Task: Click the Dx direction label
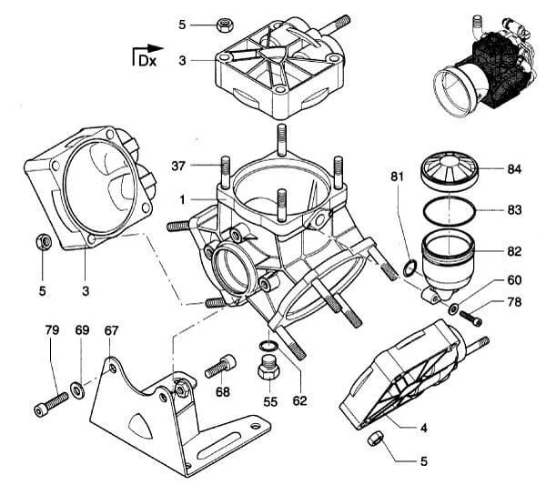[147, 61]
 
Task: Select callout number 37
[178, 167]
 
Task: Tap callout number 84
[514, 169]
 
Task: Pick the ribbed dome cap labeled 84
[450, 170]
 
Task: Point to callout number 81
[397, 177]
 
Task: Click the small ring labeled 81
[409, 268]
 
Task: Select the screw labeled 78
[471, 318]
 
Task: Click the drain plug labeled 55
[268, 369]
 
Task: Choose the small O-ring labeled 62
[268, 346]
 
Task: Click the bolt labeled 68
[220, 366]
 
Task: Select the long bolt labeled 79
[52, 404]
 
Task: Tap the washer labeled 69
[77, 390]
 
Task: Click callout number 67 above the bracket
[111, 330]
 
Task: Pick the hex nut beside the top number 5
[225, 25]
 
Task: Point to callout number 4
[424, 428]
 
